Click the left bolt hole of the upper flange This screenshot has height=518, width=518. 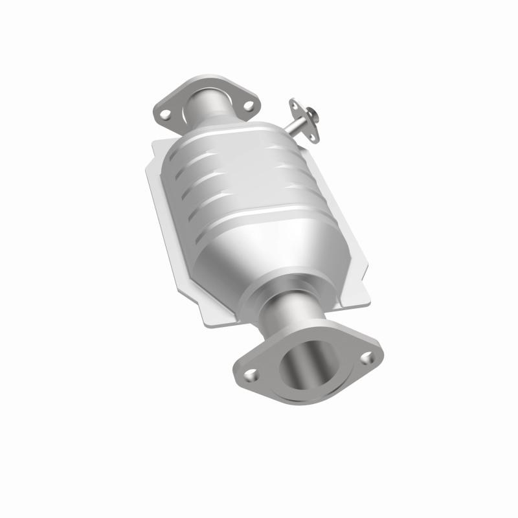click(x=166, y=114)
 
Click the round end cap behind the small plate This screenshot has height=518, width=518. click(x=313, y=116)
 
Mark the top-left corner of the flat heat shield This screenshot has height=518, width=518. click(x=153, y=144)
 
